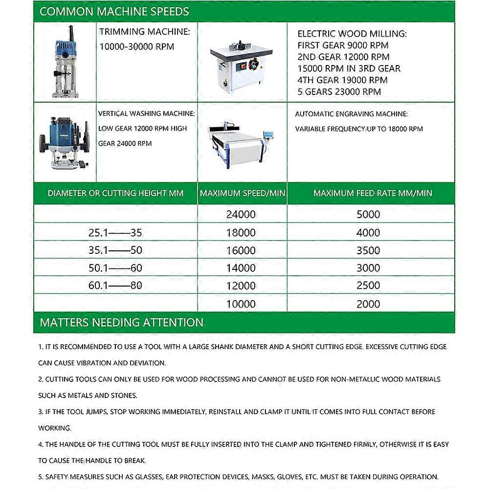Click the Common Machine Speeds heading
(114, 11)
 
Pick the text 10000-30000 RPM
(136, 46)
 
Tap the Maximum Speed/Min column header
(242, 193)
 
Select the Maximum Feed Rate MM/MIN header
(373, 193)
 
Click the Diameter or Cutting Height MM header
(115, 193)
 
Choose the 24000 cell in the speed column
(241, 214)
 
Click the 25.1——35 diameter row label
(115, 233)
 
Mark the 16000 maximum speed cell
(241, 250)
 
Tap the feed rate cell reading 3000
(368, 268)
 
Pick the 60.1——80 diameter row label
(115, 286)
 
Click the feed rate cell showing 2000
(368, 304)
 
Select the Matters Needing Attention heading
(121, 323)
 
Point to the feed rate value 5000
(368, 214)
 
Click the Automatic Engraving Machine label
(351, 114)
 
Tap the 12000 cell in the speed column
(241, 286)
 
